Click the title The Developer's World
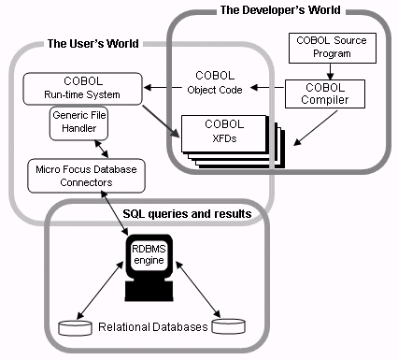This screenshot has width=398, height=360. (x=279, y=10)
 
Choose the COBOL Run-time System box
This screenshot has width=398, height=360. (x=83, y=90)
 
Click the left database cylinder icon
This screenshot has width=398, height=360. (x=74, y=327)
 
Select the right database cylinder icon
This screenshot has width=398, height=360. (x=228, y=327)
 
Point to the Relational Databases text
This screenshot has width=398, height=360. (x=150, y=328)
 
